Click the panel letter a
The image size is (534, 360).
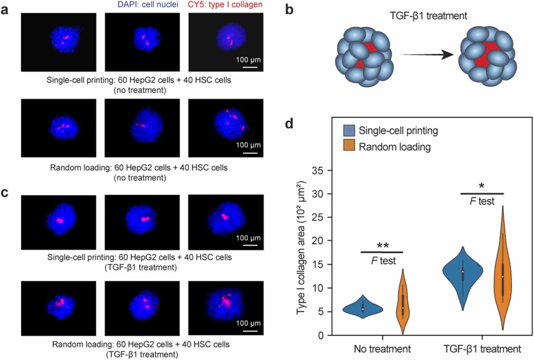tap(4, 10)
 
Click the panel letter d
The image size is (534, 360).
tap(289, 124)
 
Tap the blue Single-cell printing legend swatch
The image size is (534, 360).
tap(349, 130)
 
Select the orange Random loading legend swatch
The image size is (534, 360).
tap(349, 145)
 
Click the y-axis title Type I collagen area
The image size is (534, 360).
tap(301, 248)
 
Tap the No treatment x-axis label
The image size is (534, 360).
tap(382, 349)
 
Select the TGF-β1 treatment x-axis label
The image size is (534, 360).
tap(482, 349)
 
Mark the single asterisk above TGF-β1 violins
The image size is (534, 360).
tap(481, 186)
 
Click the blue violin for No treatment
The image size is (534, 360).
tap(363, 309)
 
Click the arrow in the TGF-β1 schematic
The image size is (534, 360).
tap(427, 55)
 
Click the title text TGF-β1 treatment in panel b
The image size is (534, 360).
tap(428, 16)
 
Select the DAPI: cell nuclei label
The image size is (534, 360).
tap(148, 4)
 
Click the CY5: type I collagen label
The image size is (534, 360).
tap(225, 4)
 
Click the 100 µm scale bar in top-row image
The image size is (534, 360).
tap(250, 67)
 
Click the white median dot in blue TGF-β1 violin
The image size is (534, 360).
tap(463, 272)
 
